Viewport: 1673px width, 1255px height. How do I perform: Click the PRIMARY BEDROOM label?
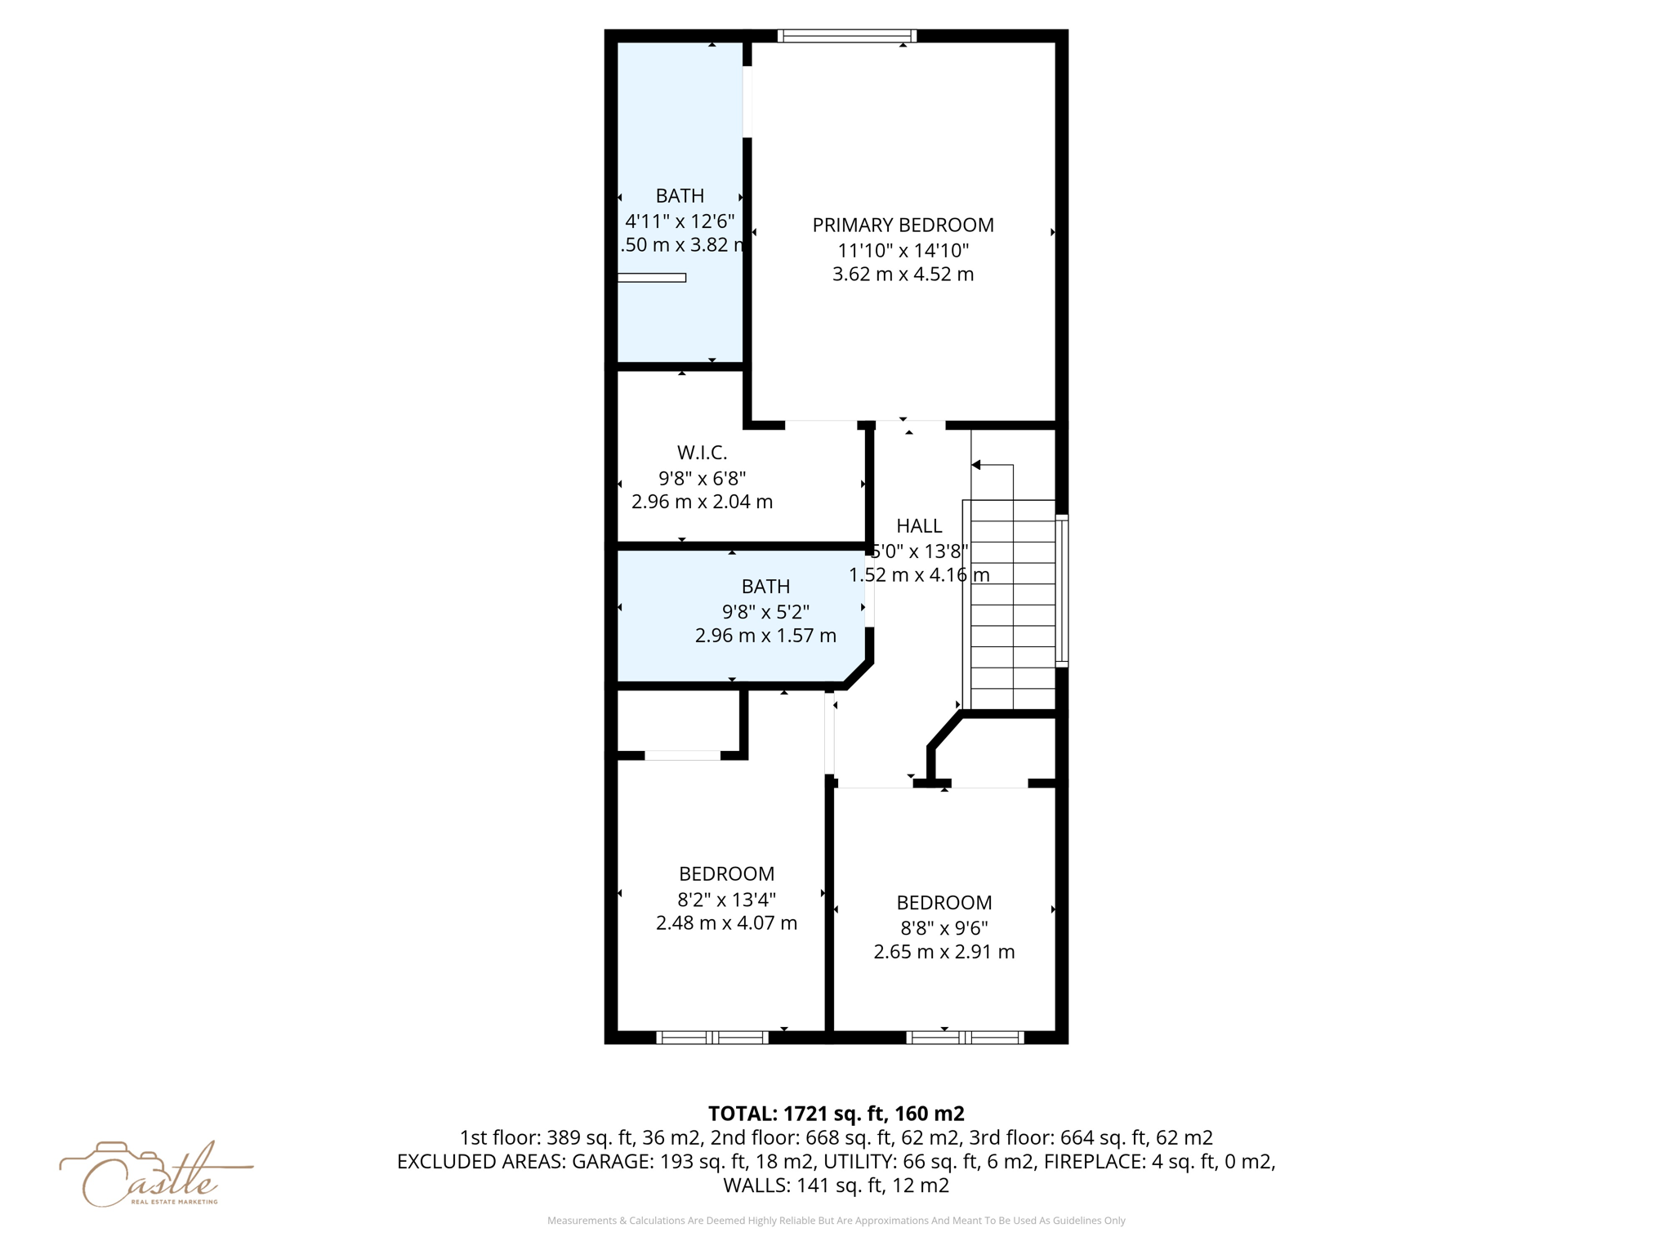click(903, 225)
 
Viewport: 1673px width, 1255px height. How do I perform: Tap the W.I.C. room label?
click(702, 452)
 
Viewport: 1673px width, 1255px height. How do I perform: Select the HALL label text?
click(919, 525)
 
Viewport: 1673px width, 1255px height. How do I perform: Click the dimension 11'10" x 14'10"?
click(903, 250)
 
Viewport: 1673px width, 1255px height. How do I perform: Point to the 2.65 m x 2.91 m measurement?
click(944, 952)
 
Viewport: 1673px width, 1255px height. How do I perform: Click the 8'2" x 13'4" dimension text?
click(726, 899)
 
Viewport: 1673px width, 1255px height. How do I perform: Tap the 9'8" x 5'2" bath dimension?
click(765, 611)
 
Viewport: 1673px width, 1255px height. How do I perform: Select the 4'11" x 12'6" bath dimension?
click(680, 221)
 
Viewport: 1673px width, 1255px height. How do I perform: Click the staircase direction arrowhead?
click(975, 465)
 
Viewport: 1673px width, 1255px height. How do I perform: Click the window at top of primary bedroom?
click(846, 35)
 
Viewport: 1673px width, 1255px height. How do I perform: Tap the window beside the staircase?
click(1061, 590)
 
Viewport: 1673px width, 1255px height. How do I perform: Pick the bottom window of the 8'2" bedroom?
click(712, 1038)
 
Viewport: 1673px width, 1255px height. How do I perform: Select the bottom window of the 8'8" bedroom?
click(965, 1038)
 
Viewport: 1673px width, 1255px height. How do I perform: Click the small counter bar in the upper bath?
click(652, 278)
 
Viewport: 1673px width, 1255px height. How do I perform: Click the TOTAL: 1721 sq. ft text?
click(836, 1114)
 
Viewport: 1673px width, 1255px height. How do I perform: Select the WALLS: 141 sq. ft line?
click(836, 1186)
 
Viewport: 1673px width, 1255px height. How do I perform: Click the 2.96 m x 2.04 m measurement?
click(702, 502)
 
